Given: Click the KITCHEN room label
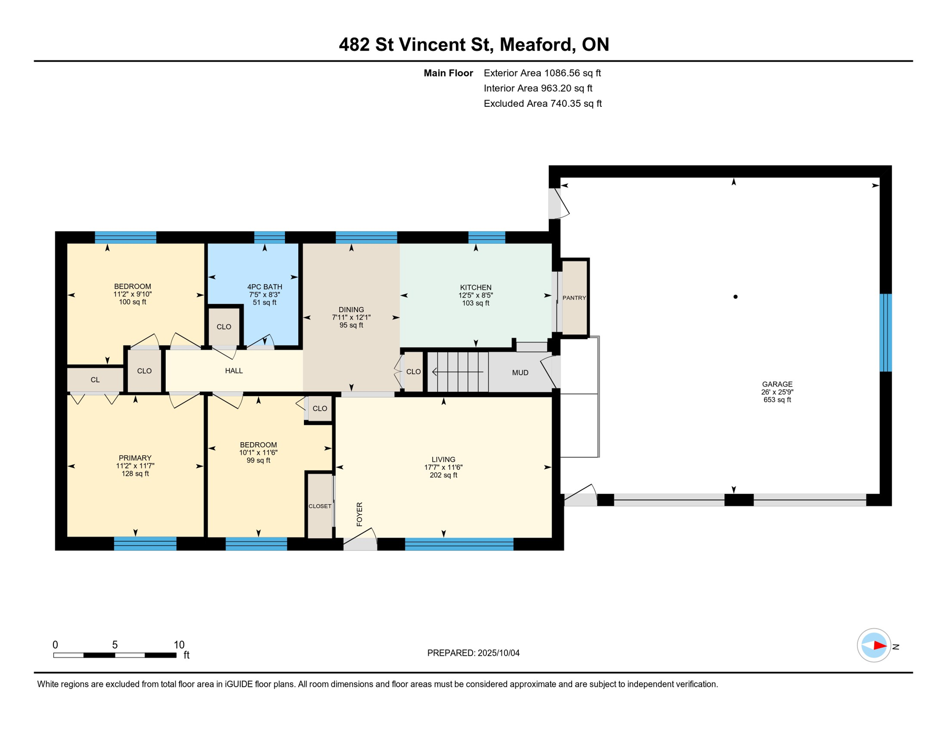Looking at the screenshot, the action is click(475, 287).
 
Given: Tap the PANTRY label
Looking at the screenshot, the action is click(574, 298).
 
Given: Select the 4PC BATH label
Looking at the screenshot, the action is click(264, 287).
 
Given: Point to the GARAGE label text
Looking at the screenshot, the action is click(777, 384).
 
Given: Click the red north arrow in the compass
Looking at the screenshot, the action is click(879, 646).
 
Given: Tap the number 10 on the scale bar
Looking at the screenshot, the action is click(179, 645).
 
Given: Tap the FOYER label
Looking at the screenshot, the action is click(360, 514).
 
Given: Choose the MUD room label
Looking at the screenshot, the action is click(520, 373).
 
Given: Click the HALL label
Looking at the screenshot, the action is click(234, 371).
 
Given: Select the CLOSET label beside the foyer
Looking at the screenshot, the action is click(320, 506).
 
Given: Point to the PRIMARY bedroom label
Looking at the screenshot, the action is click(135, 458).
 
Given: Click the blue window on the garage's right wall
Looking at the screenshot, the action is click(885, 333).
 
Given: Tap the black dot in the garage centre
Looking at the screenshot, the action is click(735, 297).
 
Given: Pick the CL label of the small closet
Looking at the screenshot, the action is click(95, 380).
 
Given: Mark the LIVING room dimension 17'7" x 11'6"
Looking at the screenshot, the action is click(443, 468).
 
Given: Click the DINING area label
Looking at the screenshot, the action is click(351, 310).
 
